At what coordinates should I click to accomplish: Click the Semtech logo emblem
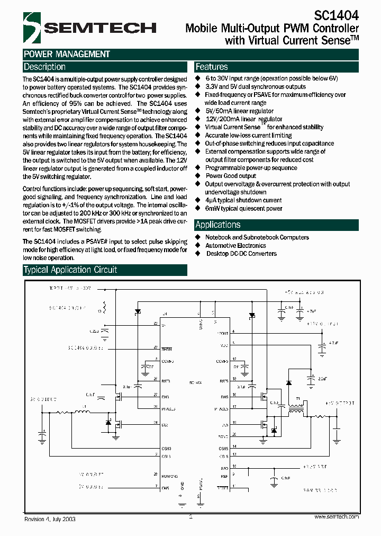(x=31, y=27)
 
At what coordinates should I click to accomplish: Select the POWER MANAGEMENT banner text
(x=67, y=54)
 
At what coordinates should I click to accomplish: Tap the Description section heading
(x=45, y=67)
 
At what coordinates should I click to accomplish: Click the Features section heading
(x=212, y=67)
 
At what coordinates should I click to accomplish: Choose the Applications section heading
(x=218, y=225)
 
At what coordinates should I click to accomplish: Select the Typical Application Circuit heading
(x=70, y=270)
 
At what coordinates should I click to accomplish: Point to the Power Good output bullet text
(x=231, y=176)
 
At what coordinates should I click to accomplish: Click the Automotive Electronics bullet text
(x=235, y=246)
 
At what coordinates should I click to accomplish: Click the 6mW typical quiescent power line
(x=244, y=209)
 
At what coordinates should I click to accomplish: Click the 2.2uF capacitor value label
(x=322, y=379)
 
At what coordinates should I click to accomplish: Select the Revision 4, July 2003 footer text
(x=50, y=520)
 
